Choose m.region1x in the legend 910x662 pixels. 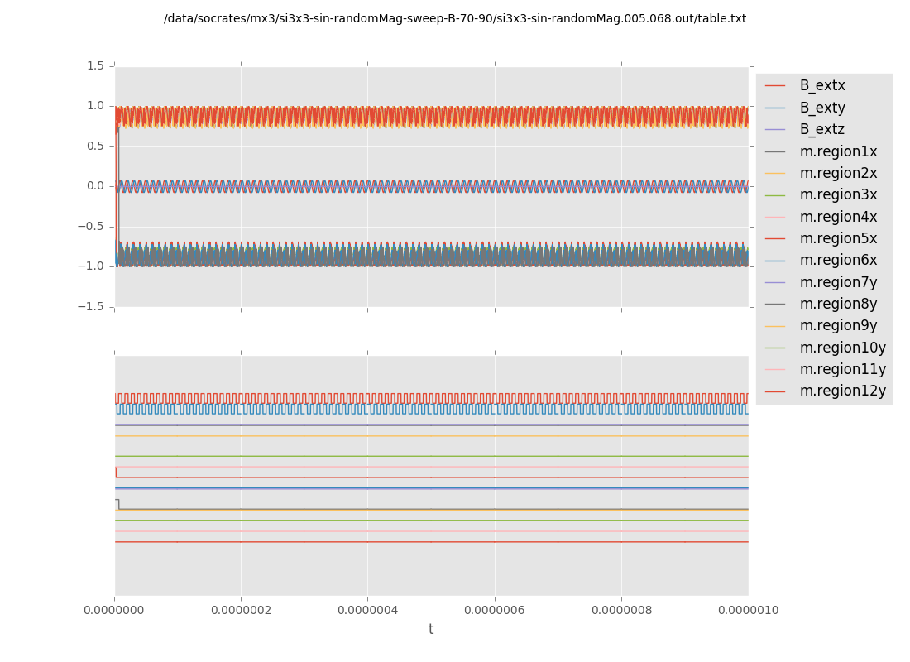[x=838, y=151]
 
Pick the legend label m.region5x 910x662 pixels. [x=838, y=238]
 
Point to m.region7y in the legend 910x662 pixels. [x=838, y=282]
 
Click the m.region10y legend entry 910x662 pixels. [x=842, y=348]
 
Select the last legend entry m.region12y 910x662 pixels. [x=842, y=391]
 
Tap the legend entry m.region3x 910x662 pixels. [x=838, y=194]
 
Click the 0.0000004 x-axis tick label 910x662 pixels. [x=367, y=611]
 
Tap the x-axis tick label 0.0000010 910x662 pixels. [x=748, y=611]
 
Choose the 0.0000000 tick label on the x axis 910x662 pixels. [x=114, y=611]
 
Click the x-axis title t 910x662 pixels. [x=431, y=630]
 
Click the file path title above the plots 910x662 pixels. [x=455, y=18]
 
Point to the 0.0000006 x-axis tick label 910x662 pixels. [x=495, y=611]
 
